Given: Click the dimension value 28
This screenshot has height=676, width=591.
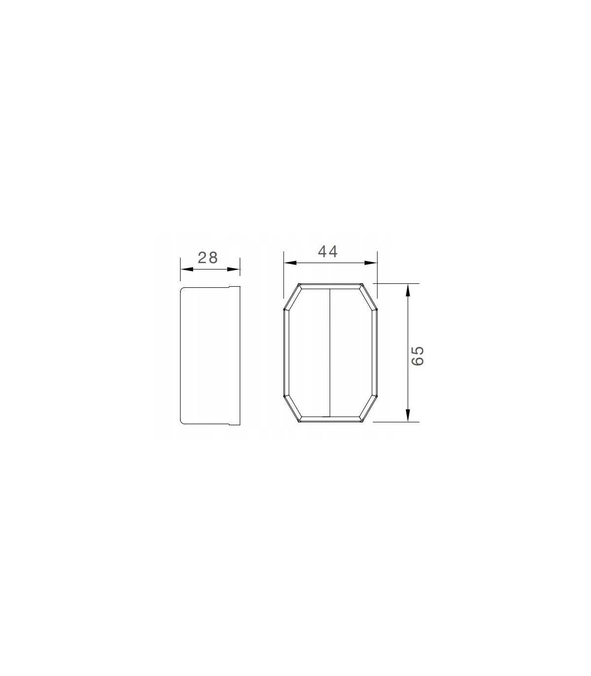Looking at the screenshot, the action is coord(208,258).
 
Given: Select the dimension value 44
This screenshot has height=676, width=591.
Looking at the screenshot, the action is coord(328,251).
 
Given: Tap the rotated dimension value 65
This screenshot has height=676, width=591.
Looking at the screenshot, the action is coord(418,356).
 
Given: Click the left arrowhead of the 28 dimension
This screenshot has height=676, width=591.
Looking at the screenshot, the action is coord(187,270).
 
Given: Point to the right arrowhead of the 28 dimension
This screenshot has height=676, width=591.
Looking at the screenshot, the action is coord(234,270).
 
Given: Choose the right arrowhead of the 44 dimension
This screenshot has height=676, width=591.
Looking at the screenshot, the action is coord(370,263).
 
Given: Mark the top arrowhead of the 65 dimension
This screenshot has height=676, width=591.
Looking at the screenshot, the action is coord(408,290).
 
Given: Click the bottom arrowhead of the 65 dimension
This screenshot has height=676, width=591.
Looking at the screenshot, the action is coord(408,415).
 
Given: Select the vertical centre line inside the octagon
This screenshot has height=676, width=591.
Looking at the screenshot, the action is coord(330,353).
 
